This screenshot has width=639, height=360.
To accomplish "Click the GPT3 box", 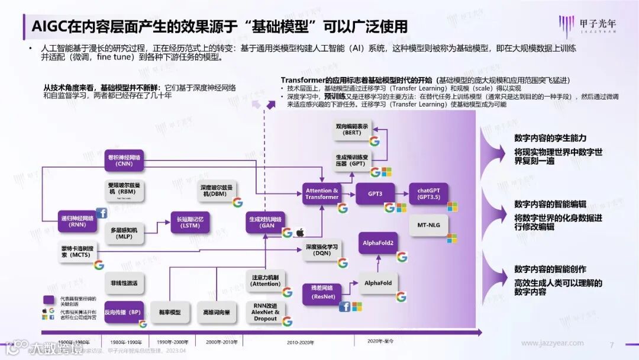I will coord(375,194).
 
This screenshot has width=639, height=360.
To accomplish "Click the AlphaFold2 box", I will coord(379,243).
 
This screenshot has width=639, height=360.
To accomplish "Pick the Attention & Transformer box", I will coord(322,194).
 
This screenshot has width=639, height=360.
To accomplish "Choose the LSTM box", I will coord(190,222).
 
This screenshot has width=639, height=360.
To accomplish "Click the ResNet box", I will coord(323,291).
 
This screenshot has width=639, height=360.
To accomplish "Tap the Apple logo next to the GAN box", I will coord(300,232).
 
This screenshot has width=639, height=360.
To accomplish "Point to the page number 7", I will coord(612,344).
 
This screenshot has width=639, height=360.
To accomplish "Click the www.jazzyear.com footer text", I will coord(552,343).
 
